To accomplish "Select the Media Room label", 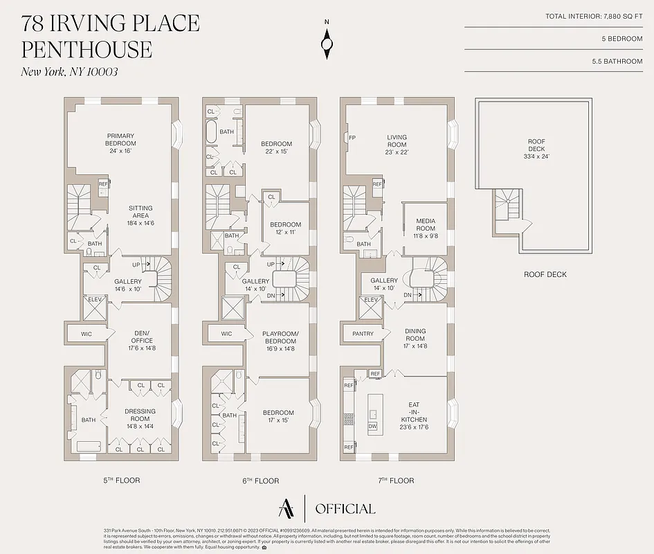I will coord(425,225).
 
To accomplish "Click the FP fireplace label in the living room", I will coord(352,137).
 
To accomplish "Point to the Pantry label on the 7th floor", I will coord(363,334).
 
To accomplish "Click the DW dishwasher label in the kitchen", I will coord(373,427).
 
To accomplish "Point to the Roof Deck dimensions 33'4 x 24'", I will coord(536,157).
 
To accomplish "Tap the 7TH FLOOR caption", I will coord(397,481).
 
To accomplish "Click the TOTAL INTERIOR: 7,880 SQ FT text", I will coord(594,16).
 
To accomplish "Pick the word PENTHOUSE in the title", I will coord(87,49).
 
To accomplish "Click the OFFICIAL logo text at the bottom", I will coord(345,509).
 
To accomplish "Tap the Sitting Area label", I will coord(140,212).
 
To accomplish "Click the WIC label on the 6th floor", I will coord(226,334).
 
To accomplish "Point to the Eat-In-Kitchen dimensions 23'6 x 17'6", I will coord(414,427).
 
